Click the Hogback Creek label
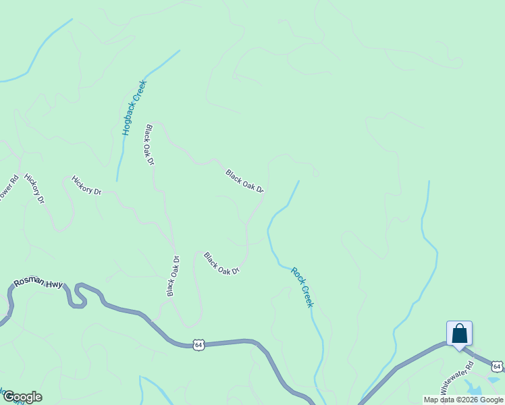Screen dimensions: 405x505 (134, 108)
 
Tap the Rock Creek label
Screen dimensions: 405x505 (302, 288)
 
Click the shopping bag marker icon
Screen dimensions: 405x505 (459, 334)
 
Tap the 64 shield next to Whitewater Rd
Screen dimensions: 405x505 (497, 366)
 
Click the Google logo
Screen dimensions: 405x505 (22, 397)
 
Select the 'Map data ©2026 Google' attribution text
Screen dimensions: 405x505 (464, 400)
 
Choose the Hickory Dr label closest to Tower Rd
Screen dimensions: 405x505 (34, 188)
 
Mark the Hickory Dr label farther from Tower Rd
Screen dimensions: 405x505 (86, 186)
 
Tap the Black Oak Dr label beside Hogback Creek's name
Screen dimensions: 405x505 (149, 145)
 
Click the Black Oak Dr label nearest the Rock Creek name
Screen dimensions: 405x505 (221, 263)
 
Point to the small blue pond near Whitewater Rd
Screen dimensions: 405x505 (475, 391)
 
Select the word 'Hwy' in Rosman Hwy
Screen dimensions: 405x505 (54, 285)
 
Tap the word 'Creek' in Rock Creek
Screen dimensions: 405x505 (307, 296)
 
